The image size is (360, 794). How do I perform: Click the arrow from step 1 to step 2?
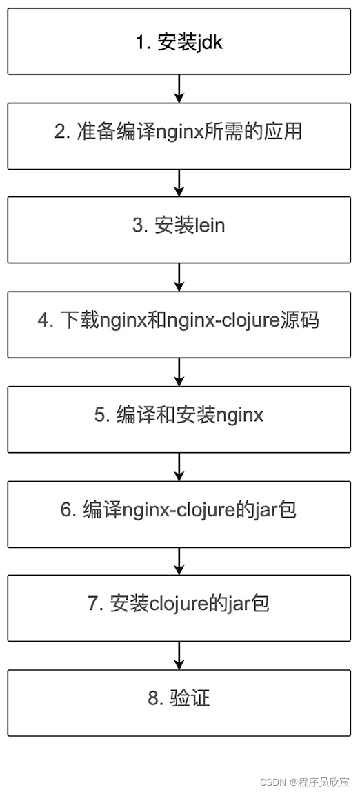pyautogui.click(x=179, y=88)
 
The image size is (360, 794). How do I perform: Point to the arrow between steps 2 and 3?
pyautogui.click(x=179, y=183)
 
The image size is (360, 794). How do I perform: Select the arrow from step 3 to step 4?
pyautogui.click(x=179, y=277)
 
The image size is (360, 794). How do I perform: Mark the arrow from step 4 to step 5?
pyautogui.click(x=179, y=371)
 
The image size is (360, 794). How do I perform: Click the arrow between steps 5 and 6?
pyautogui.click(x=179, y=466)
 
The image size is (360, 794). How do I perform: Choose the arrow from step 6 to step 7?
pyautogui.click(x=179, y=560)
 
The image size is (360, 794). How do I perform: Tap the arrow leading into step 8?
pyautogui.click(x=179, y=655)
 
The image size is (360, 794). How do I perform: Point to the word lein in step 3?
pyautogui.click(x=210, y=226)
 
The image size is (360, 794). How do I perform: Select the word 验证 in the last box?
pyautogui.click(x=190, y=698)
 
